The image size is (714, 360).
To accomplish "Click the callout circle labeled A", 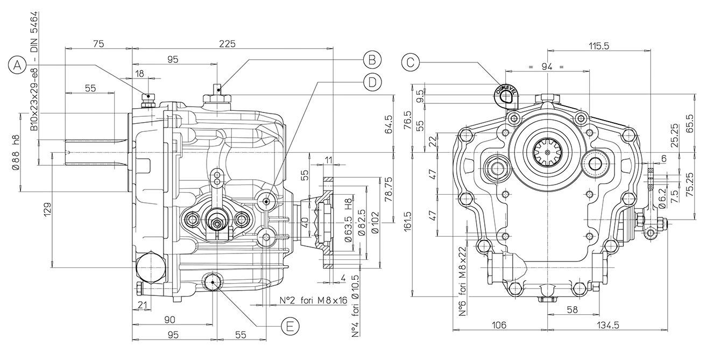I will [x=18, y=65].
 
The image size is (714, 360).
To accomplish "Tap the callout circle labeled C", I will [x=411, y=62].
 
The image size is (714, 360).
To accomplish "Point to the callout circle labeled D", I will [x=371, y=82].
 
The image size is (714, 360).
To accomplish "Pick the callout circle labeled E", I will [x=289, y=326].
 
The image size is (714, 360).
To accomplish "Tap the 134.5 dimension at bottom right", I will [x=608, y=324].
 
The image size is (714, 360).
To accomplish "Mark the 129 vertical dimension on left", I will [x=47, y=210].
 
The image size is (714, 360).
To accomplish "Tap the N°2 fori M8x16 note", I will [x=314, y=300].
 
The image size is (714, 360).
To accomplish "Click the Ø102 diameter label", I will [x=375, y=222].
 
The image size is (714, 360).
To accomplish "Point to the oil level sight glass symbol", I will [x=505, y=94].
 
